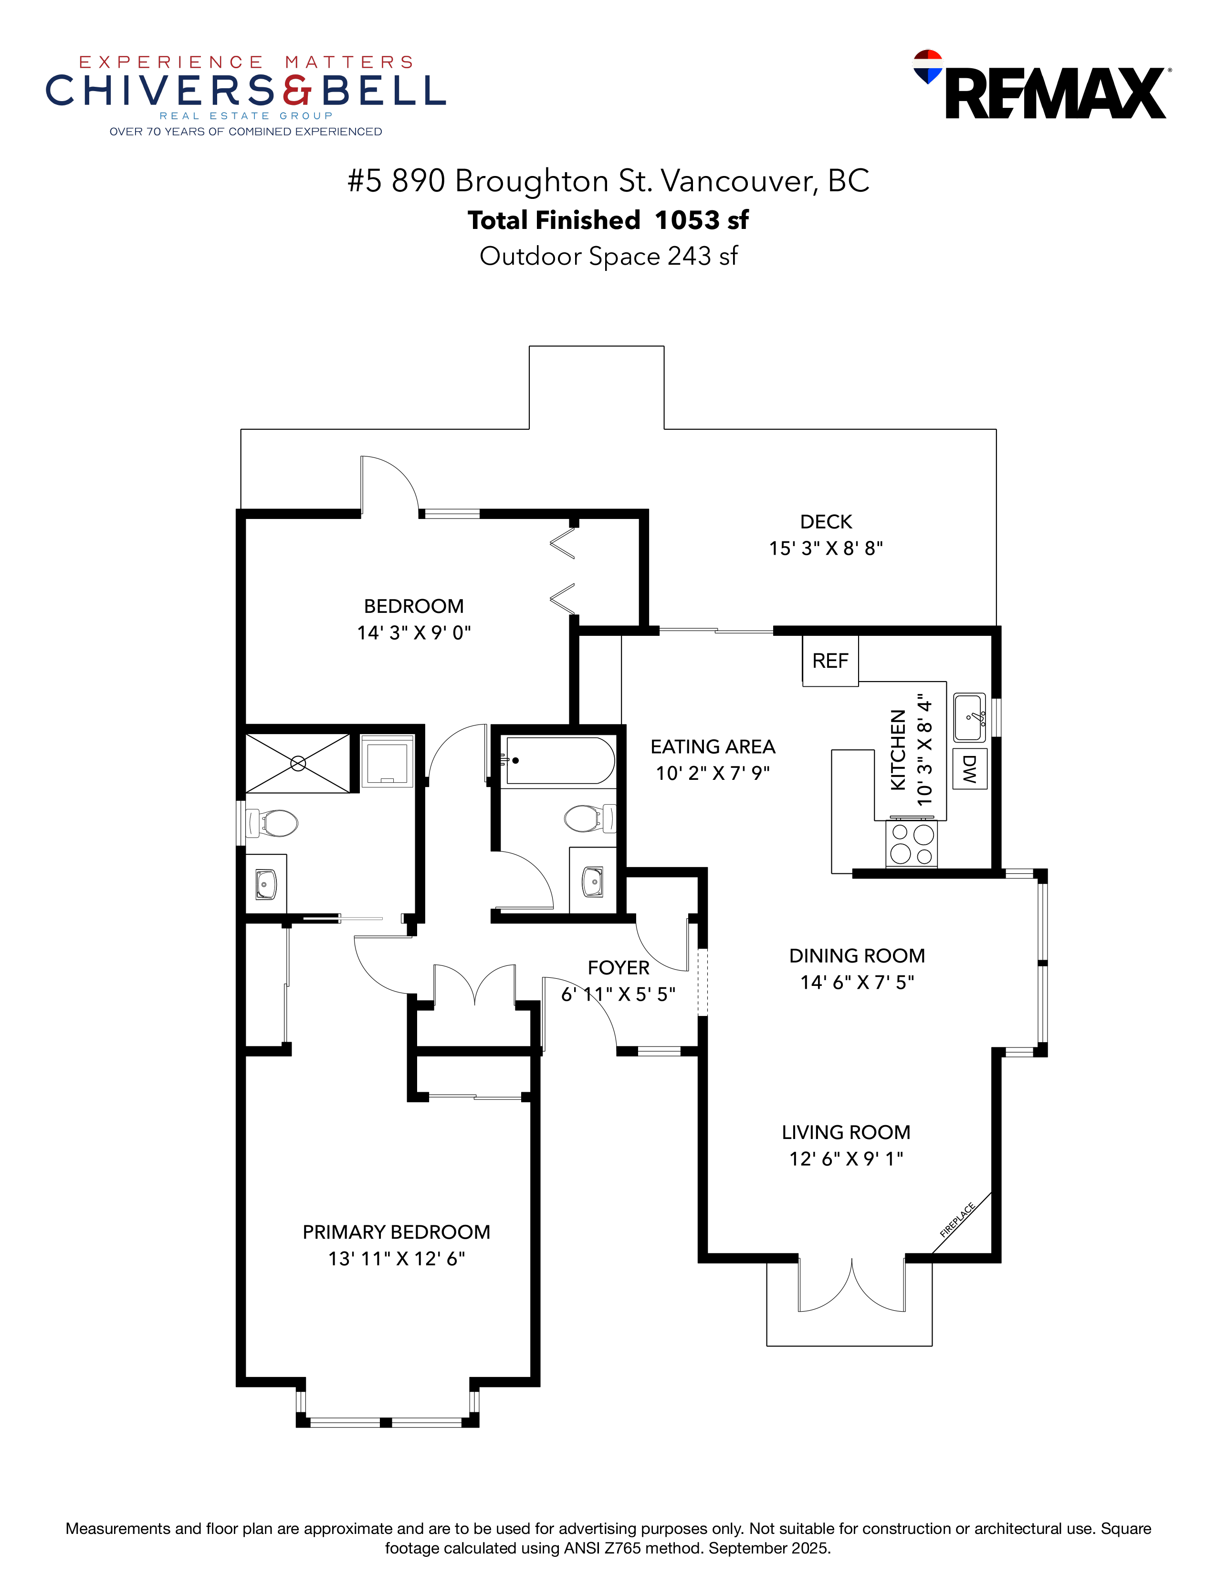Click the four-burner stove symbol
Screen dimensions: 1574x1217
tap(911, 843)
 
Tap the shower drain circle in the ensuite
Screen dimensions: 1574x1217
tap(298, 763)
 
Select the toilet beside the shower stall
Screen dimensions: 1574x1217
tap(273, 822)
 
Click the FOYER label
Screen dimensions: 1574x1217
tap(618, 967)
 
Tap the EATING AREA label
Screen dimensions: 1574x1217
tap(713, 746)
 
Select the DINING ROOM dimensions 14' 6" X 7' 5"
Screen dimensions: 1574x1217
tap(857, 982)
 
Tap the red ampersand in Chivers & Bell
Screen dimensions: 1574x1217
tap(297, 90)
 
